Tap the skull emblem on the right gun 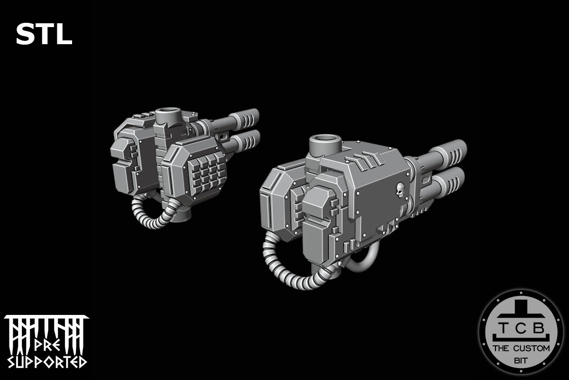[400, 191]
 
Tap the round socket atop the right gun [326, 143]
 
